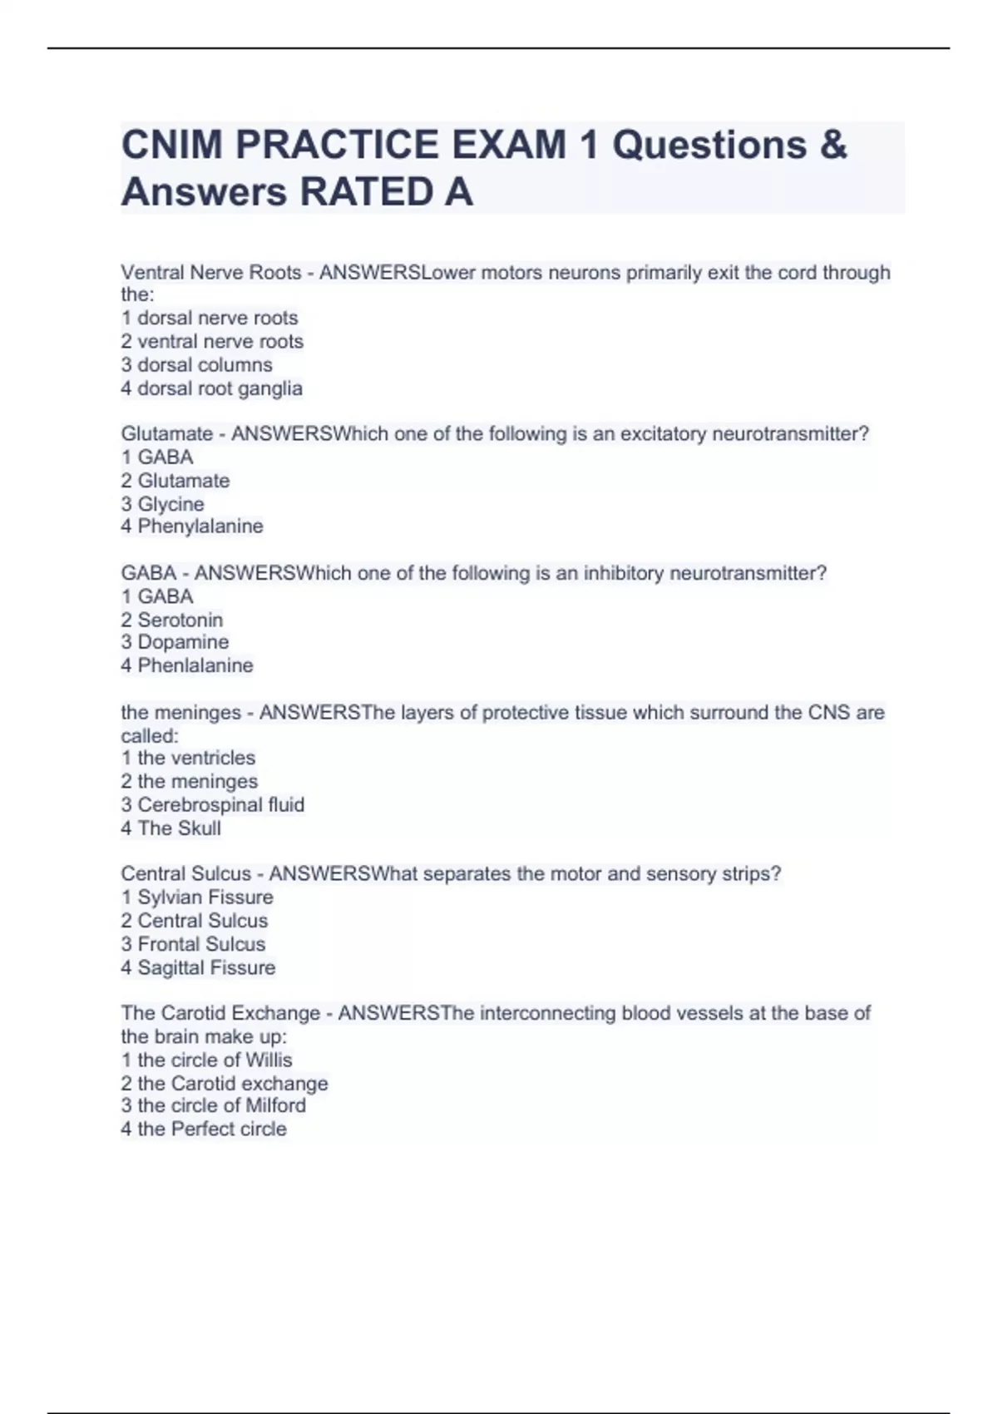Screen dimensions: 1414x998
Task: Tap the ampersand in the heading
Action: [832, 145]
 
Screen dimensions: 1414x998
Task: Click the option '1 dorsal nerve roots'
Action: [210, 318]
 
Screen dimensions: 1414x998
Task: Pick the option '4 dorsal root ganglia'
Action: [212, 388]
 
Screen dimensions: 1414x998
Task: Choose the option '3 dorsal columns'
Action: [197, 365]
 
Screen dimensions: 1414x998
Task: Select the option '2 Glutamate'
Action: [175, 481]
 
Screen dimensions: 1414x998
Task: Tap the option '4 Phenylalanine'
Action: [192, 527]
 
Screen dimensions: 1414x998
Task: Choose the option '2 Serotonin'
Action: [172, 620]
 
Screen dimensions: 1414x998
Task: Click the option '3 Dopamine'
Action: [175, 642]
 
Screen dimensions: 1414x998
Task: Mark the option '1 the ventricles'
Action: [188, 758]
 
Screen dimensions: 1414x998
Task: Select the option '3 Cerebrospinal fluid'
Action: [213, 804]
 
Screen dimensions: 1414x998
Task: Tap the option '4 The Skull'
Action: [171, 828]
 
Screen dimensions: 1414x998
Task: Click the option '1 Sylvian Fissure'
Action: [197, 897]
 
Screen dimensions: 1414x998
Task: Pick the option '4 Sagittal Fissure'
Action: [198, 967]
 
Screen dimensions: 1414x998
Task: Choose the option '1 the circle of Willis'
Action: [207, 1060]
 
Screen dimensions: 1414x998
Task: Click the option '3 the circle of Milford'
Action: [214, 1105]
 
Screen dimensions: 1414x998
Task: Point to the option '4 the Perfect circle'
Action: [204, 1129]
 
